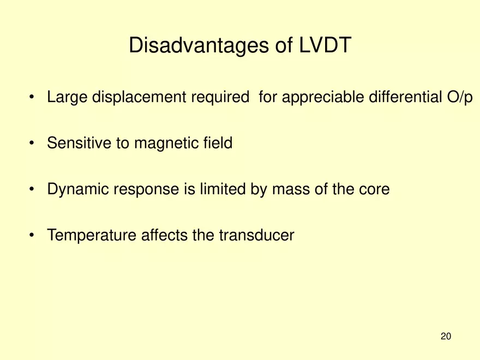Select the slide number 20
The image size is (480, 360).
446,337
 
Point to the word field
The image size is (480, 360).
215,143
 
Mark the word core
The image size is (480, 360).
374,189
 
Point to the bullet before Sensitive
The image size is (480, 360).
33,144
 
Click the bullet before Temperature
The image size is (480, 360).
33,236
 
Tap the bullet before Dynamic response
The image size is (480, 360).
33,190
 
